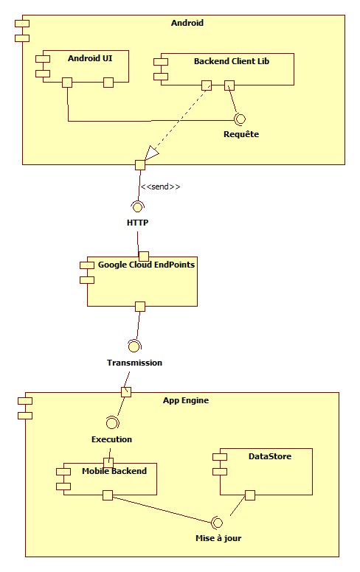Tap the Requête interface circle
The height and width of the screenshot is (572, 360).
coord(238,119)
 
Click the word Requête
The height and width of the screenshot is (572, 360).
coord(241,135)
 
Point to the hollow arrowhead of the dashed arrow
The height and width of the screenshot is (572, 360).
coord(152,153)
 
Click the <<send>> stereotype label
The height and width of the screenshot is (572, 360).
coord(160,187)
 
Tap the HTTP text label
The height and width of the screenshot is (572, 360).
coord(138,222)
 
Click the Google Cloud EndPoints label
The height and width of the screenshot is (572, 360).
coord(146,264)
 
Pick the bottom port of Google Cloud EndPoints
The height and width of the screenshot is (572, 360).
coord(139,306)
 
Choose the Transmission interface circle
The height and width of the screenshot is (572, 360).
coord(134,345)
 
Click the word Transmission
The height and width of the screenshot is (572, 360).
coord(134,363)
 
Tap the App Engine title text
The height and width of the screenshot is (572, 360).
coord(185,400)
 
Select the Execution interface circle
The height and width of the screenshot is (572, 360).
coord(111,422)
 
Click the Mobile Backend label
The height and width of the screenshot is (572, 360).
coord(114,471)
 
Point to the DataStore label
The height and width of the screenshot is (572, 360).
coord(271,456)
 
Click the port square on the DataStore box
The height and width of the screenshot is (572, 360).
coord(250,495)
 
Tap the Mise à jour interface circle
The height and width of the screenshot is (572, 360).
coord(216,522)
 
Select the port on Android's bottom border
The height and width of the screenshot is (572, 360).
coord(139,164)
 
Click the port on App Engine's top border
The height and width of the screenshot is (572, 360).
coord(126,391)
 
